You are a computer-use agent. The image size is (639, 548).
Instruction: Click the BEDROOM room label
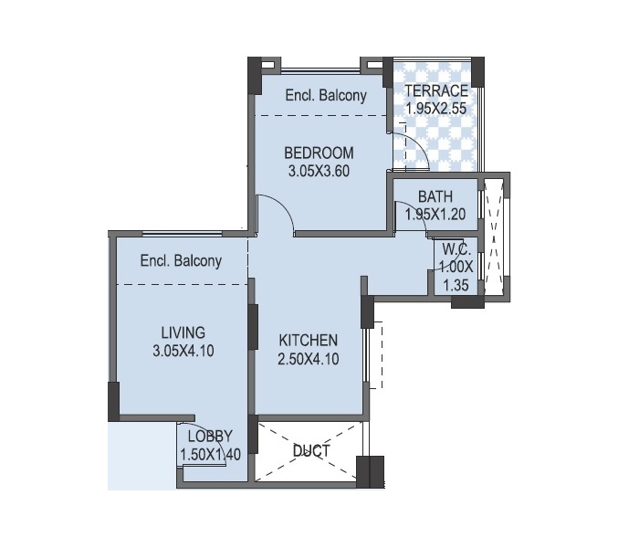[319, 153]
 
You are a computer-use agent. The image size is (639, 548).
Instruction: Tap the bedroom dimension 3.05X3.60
[319, 171]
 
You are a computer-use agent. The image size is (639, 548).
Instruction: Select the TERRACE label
[436, 90]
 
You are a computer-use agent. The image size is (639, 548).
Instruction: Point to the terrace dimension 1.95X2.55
[436, 109]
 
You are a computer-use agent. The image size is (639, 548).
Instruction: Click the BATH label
[435, 196]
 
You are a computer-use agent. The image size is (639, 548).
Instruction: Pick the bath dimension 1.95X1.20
[435, 214]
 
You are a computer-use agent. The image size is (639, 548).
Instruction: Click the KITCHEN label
[309, 341]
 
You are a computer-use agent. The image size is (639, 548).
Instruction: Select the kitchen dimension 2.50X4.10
[309, 359]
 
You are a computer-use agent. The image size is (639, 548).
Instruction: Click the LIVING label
[183, 332]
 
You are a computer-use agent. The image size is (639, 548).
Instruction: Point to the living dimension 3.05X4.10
[183, 351]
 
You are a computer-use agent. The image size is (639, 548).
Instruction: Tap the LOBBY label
[210, 437]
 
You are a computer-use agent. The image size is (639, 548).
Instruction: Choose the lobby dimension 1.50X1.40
[210, 454]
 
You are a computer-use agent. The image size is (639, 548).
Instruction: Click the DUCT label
[311, 451]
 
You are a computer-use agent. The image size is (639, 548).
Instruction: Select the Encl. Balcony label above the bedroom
[326, 95]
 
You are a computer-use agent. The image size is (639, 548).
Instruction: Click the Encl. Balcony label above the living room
[181, 260]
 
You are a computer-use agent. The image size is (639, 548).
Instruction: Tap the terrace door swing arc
[420, 143]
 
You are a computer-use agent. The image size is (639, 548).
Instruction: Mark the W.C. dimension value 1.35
[456, 285]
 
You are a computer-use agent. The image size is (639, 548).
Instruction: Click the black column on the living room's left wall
[114, 401]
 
